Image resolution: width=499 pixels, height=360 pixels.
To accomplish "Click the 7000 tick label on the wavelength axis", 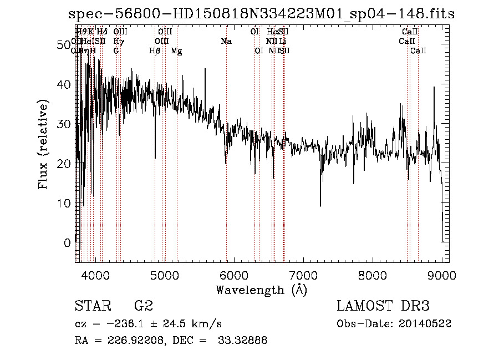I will pos(303,275).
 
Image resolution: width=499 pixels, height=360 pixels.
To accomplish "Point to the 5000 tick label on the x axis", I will pos(164,275).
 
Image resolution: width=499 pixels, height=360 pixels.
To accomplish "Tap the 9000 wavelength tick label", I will pos(441,275).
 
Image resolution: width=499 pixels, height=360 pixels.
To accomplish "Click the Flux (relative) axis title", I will pos(44,144).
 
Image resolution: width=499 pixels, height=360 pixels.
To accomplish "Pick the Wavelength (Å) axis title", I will pos(261,290).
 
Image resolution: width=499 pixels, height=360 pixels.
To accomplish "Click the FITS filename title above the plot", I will pos(261,14).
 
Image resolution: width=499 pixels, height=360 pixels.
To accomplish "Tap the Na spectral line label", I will pos(226,42).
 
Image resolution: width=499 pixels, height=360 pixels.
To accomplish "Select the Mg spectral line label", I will pos(176,51).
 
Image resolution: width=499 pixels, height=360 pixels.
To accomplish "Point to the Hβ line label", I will pos(155,51).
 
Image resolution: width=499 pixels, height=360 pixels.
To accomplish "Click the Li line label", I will pos(283,42).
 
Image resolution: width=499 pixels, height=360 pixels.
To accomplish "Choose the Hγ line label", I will pos(118,42).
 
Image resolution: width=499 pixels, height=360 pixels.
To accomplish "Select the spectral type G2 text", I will pos(143,306).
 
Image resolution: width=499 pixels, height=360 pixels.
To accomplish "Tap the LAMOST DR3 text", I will pos(383,306).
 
